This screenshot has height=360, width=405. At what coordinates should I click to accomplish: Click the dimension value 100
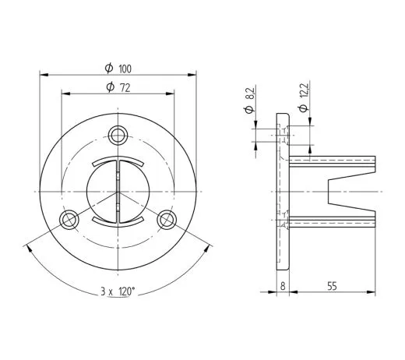coord(125,69)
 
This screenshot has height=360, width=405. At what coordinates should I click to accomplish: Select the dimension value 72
coord(125,88)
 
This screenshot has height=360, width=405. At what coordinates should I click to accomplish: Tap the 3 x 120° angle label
coord(118,291)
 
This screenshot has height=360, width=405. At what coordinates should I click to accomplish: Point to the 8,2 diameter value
coord(250,94)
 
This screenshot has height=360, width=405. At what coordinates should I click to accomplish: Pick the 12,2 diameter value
coord(304,90)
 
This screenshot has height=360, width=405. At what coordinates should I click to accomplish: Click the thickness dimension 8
coord(283,286)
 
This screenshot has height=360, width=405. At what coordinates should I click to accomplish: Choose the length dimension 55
coord(332,286)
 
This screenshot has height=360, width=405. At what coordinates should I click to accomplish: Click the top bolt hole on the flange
coord(118,136)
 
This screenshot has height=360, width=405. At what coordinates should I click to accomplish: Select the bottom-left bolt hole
coord(69,220)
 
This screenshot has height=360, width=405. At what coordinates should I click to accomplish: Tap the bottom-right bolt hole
coord(167,220)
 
